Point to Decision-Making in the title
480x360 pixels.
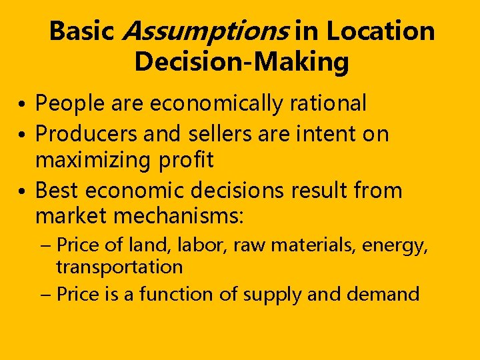point(241,62)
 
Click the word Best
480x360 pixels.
point(57,191)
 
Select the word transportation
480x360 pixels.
point(119,267)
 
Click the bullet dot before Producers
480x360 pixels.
point(23,135)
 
